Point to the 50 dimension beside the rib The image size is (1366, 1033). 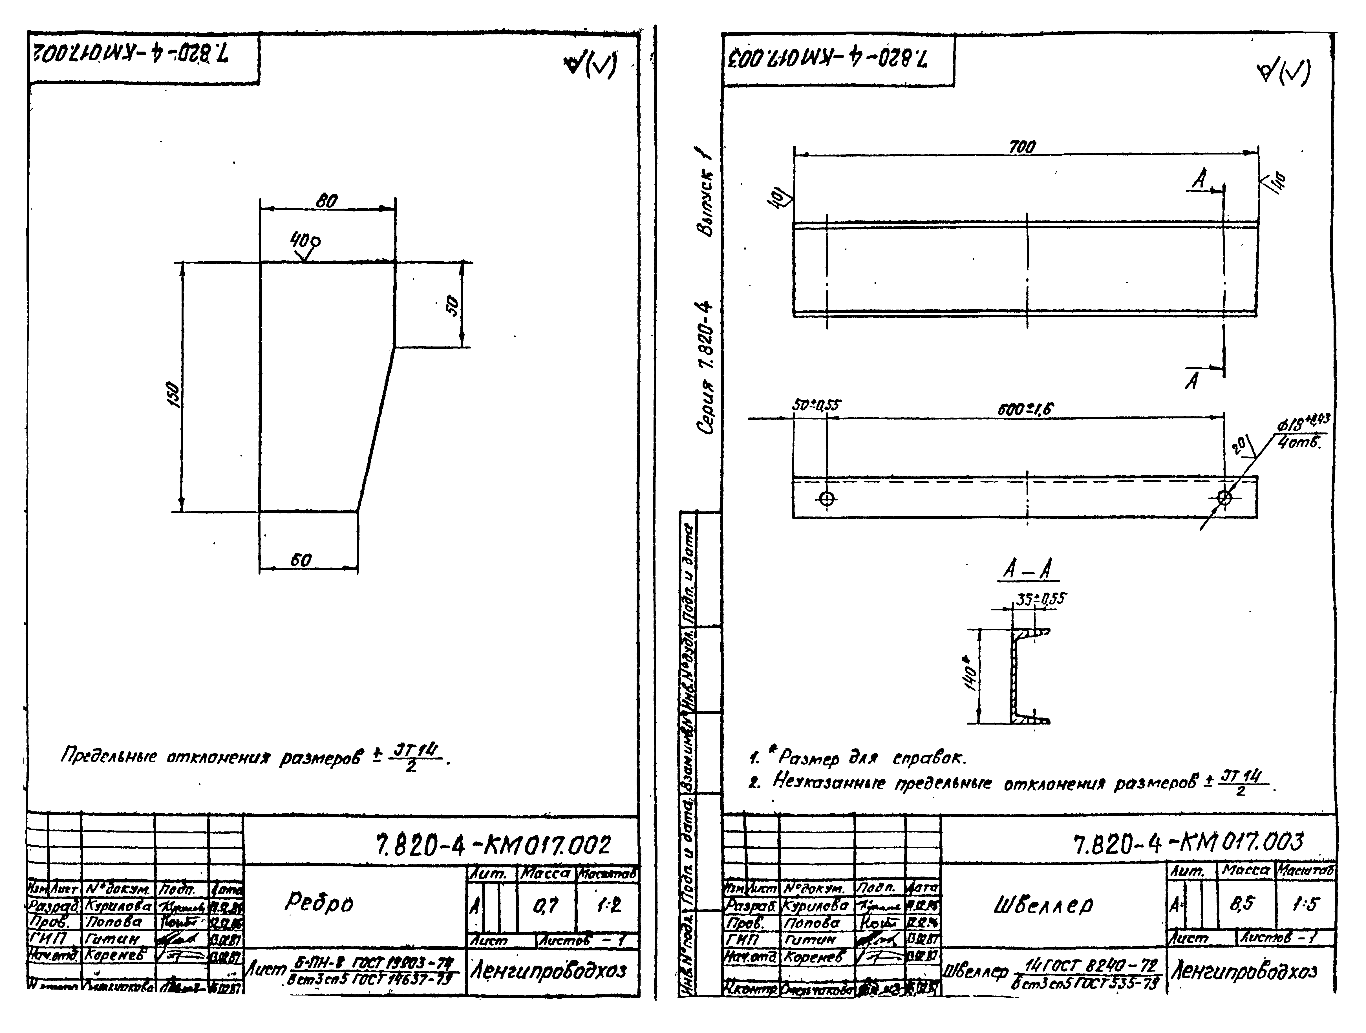point(453,305)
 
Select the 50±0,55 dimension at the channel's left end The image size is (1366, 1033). point(816,406)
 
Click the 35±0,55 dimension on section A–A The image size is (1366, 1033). point(1041,598)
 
